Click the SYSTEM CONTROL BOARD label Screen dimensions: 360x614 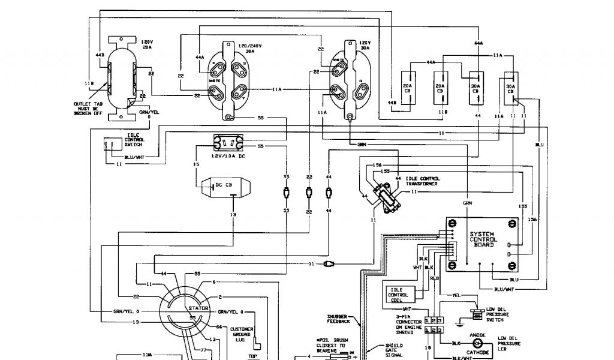[482, 239]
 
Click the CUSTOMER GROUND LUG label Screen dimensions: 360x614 [242, 335]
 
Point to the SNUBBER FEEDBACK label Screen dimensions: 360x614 [339, 319]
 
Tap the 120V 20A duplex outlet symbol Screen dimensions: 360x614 [122, 78]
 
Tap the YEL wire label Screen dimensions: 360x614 [456, 295]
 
